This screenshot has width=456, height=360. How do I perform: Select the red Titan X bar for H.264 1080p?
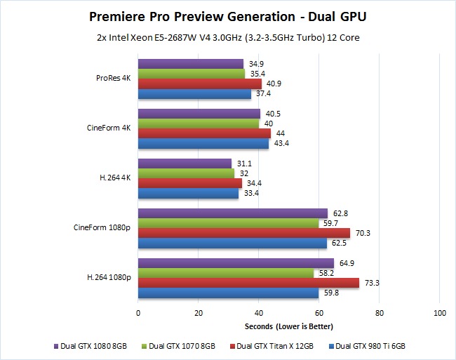(x=248, y=283)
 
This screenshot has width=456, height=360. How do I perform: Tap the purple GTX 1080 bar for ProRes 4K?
(x=191, y=64)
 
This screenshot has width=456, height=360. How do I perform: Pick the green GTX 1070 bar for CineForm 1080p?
(x=228, y=223)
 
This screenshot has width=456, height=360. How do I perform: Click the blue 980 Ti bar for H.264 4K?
(x=188, y=194)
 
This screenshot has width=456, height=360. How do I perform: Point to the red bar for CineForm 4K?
(x=204, y=133)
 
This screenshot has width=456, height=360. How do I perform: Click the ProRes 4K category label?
(x=114, y=79)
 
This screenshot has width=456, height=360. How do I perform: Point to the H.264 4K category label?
(x=116, y=178)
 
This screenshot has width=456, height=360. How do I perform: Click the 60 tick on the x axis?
(x=318, y=312)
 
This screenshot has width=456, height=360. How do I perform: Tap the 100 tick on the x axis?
(x=439, y=312)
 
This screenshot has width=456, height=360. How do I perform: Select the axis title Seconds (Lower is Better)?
(x=288, y=327)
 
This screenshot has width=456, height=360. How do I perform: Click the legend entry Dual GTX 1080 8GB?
(x=89, y=345)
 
